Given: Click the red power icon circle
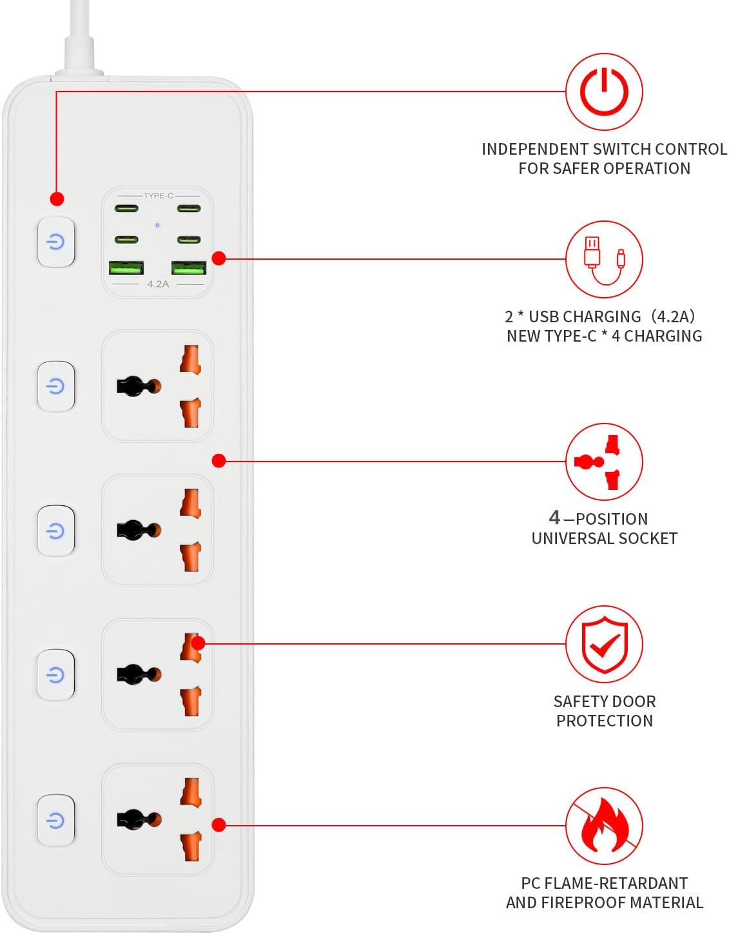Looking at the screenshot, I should coord(604,92).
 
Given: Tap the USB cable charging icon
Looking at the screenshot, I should coord(604,260).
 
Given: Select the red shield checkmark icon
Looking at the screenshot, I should coord(604,644).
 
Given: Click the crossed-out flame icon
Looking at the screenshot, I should coord(604,826).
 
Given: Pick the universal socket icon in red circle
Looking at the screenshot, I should coord(604,462).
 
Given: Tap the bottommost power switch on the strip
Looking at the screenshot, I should coord(56,820).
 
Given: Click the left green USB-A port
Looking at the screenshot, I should coord(126,268).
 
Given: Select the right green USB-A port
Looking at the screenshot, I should coord(189,268).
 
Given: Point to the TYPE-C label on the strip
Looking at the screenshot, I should coord(158,195).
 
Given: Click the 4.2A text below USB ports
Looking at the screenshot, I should coord(158,284).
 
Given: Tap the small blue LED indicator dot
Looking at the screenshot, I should coord(157,225).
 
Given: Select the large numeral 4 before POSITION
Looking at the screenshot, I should coord(554,517).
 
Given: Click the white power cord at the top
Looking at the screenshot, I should coord(79,39).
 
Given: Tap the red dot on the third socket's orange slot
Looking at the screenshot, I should coord(199,643).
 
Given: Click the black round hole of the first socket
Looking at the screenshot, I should coord(134,386).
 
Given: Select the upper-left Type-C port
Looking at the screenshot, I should coord(126,208).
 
